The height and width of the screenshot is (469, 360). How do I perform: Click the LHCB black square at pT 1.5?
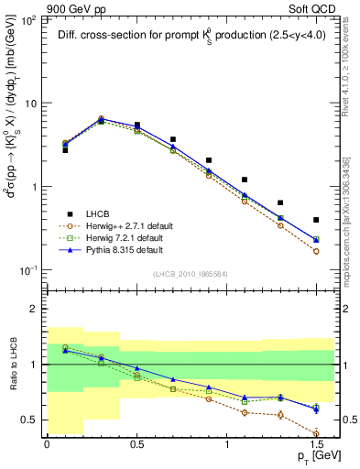[x=316, y=220]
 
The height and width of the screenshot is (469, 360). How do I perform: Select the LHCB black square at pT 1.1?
[x=245, y=180]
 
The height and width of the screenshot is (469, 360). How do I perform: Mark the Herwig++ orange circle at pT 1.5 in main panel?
[x=316, y=251]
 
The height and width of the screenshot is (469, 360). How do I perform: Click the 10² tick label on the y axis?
[x=30, y=19]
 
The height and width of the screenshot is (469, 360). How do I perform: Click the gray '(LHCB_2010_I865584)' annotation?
[x=190, y=274]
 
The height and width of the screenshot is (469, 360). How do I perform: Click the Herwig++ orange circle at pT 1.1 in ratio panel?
[x=245, y=412]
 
